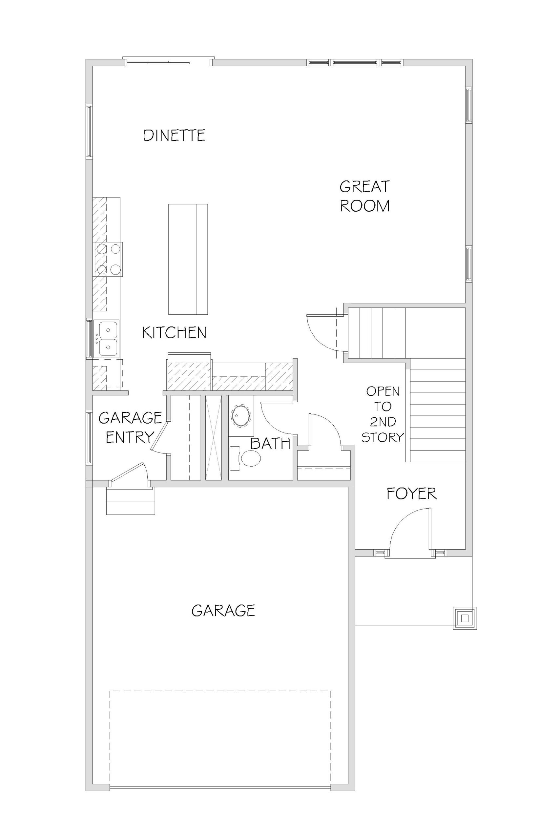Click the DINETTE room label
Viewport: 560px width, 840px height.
point(174,136)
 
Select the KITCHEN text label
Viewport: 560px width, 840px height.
point(174,332)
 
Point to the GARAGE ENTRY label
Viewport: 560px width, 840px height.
point(130,427)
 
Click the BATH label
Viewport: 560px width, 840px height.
point(270,444)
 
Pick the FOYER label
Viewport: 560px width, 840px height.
point(412,494)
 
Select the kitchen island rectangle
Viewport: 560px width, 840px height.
point(188,259)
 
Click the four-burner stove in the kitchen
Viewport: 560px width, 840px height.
point(108,259)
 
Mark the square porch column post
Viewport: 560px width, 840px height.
point(465,618)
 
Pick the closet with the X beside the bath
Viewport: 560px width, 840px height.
point(214,437)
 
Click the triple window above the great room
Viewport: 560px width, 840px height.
point(355,62)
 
